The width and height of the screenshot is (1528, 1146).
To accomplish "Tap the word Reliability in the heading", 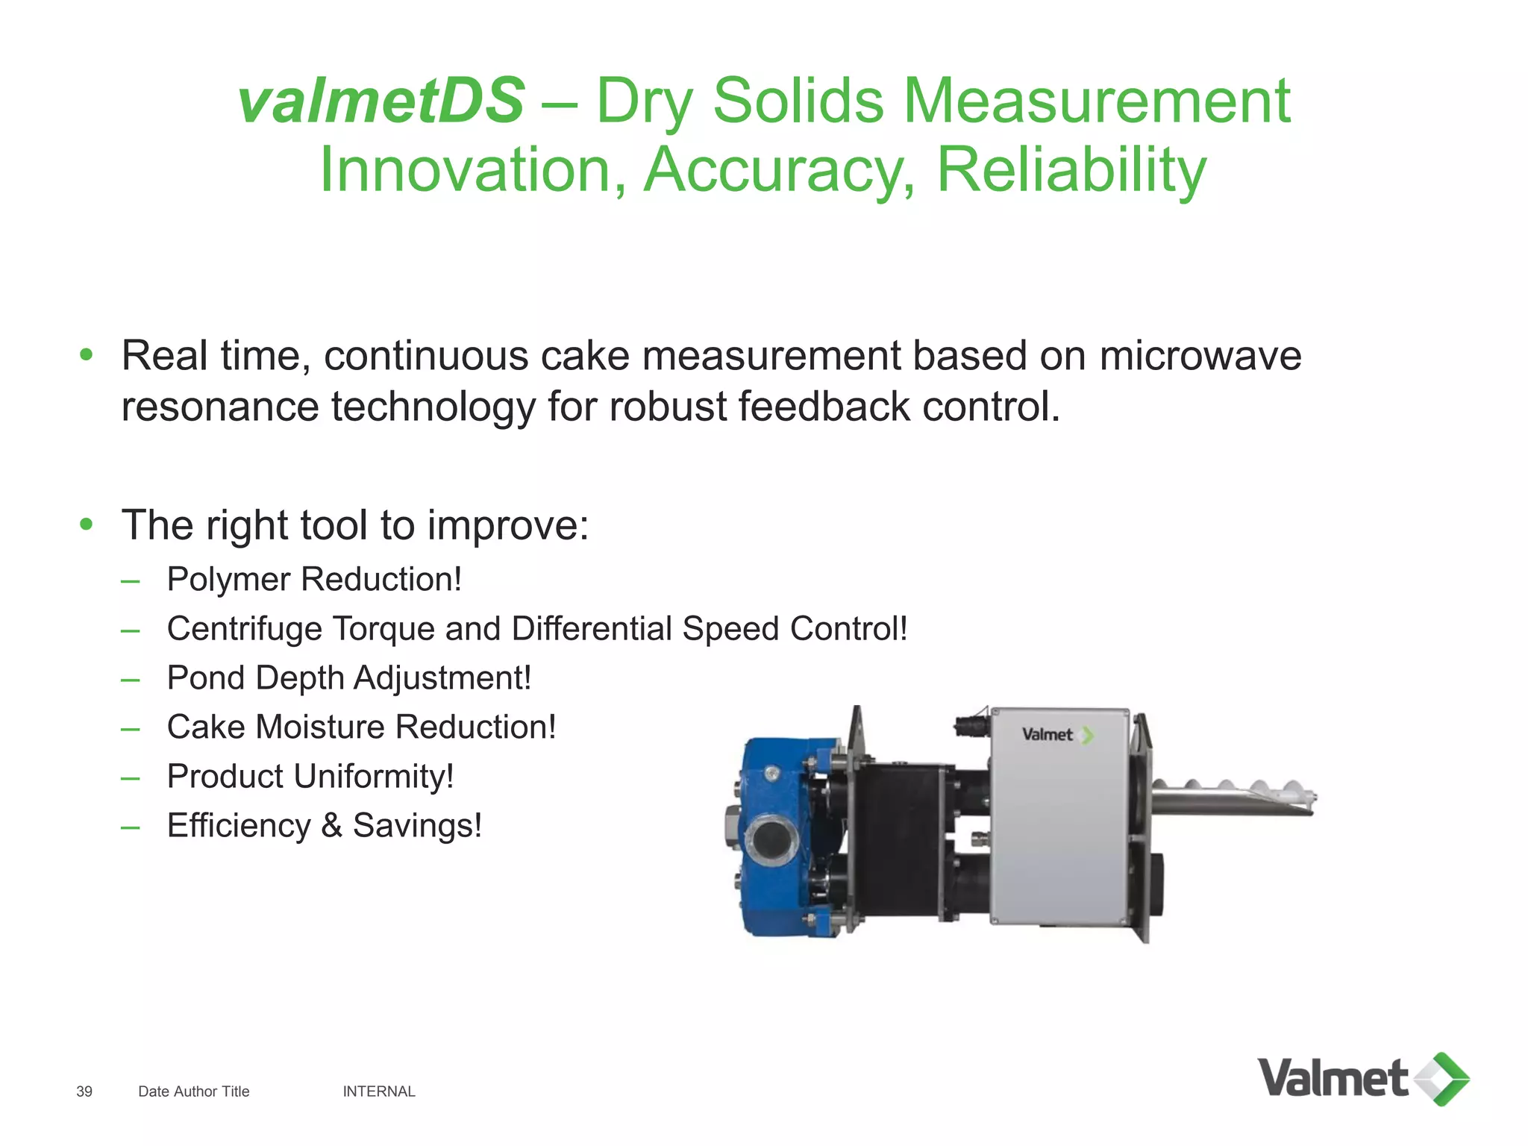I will tap(1071, 170).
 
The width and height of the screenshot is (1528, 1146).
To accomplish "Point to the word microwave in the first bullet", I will tap(1200, 355).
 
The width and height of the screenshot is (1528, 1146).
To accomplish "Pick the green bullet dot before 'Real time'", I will tap(87, 354).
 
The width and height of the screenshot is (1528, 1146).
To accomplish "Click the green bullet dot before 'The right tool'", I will tap(87, 525).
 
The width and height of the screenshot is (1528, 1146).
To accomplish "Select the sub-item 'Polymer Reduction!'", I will tap(314, 580).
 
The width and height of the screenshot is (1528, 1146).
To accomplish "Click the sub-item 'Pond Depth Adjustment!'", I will tap(348, 678).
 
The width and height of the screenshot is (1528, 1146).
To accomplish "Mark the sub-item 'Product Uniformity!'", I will tap(310, 777).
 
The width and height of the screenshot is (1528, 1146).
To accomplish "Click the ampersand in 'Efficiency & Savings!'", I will tap(331, 826).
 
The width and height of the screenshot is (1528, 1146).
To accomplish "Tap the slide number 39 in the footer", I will tap(84, 1092).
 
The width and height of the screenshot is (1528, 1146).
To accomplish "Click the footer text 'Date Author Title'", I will tap(194, 1092).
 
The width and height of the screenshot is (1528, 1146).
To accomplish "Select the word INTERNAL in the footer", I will tap(379, 1092).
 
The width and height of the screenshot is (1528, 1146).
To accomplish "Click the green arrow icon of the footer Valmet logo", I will tap(1443, 1079).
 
